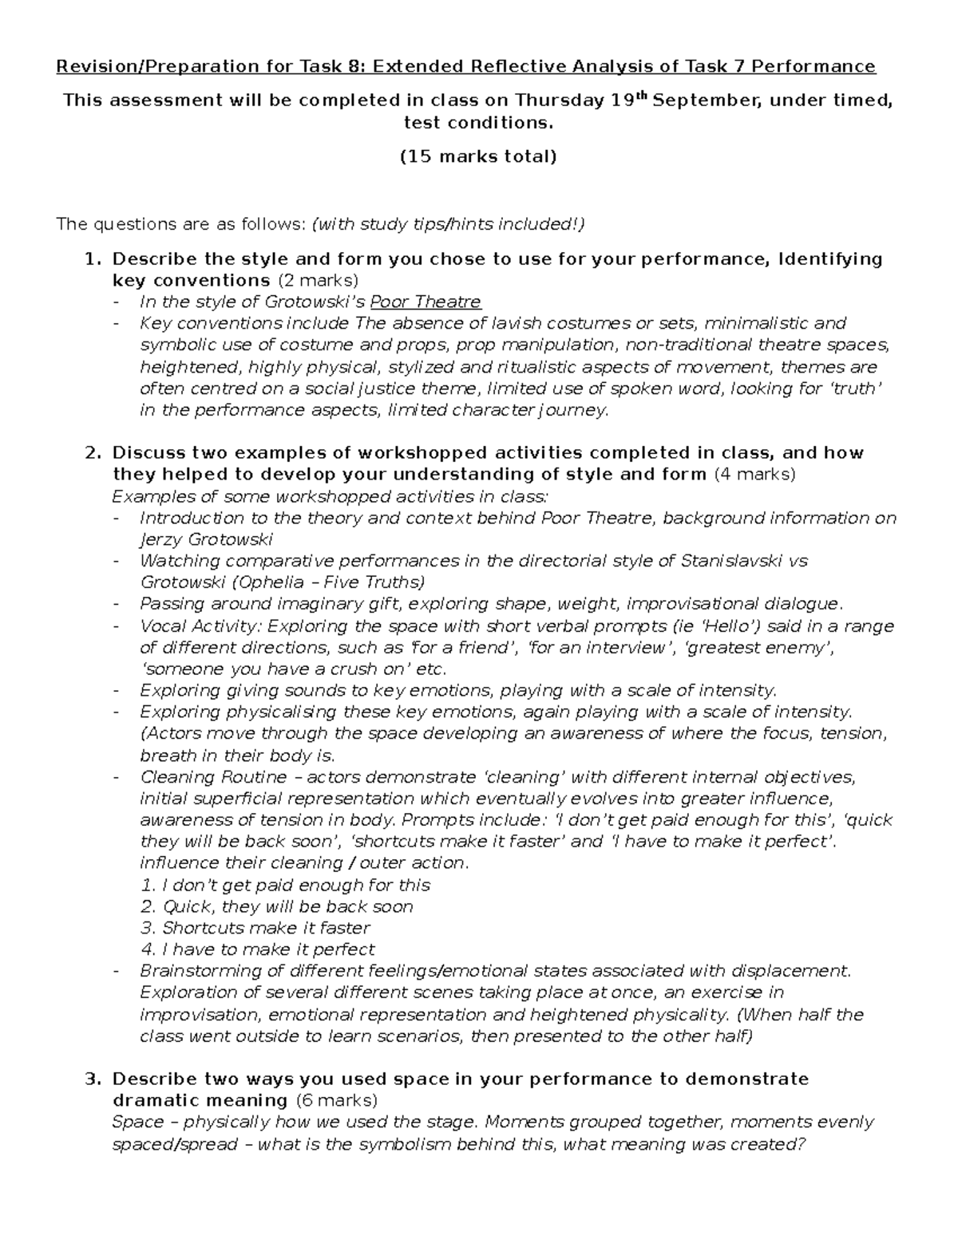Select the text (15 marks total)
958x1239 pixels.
coord(478,156)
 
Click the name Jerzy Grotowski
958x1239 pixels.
coord(206,539)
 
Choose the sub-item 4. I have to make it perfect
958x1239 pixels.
coord(258,950)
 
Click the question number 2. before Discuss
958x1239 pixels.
coord(94,453)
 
